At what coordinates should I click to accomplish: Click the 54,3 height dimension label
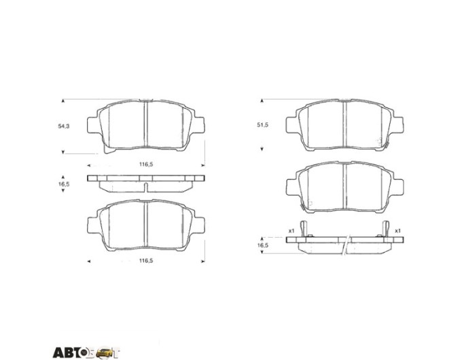tap(64, 126)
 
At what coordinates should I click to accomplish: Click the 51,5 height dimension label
tap(262, 125)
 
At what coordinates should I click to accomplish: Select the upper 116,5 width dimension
tap(146, 164)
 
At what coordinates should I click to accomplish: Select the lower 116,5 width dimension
tap(146, 261)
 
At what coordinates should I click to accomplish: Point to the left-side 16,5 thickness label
tap(64, 184)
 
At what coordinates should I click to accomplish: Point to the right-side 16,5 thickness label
tap(262, 245)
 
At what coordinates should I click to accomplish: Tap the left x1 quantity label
tap(291, 231)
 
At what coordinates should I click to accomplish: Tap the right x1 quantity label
tap(397, 231)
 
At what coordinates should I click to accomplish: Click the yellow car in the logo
tap(105, 353)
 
